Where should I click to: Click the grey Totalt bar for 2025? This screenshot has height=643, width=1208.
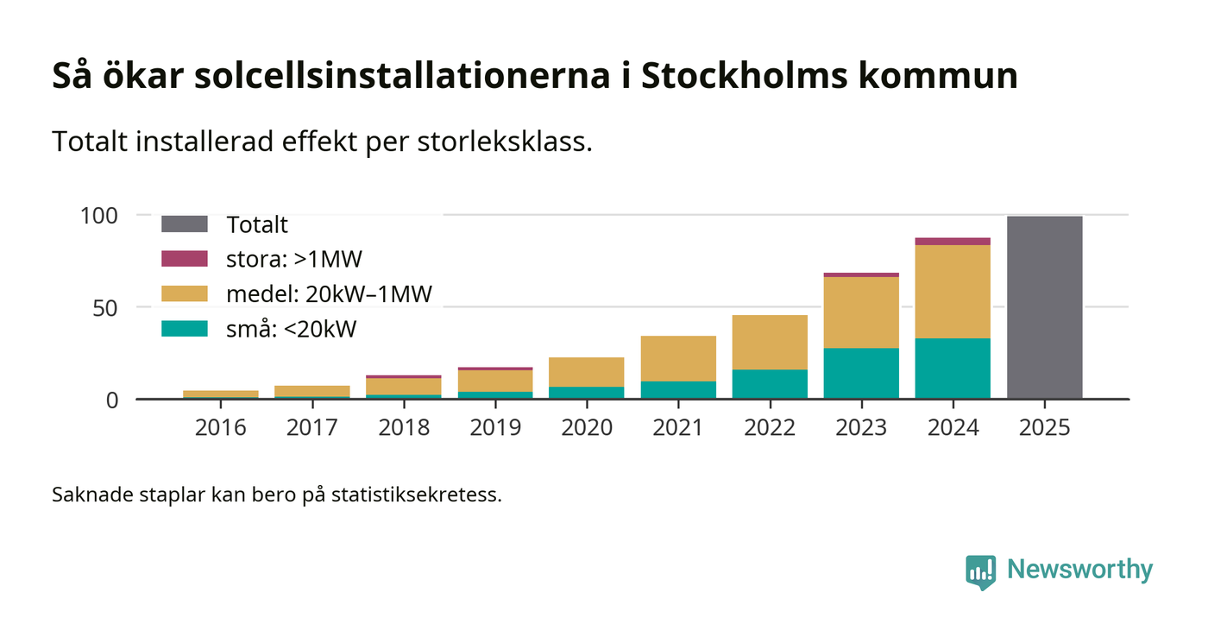coord(1044,307)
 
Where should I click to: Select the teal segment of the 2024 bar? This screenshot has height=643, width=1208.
coord(953,369)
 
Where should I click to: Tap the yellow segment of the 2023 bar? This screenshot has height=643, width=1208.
coord(861,312)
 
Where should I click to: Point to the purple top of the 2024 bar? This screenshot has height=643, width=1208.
coord(953,242)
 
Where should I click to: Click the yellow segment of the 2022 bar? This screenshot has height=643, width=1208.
coord(770,343)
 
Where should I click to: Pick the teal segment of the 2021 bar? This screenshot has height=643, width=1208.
coord(678,390)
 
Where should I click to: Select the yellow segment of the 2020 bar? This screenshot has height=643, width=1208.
coord(587,372)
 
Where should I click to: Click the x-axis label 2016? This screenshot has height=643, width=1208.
coord(221,427)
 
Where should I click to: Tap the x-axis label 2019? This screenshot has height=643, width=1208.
coord(495,427)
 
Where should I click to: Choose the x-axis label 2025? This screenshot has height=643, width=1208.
coord(1044,427)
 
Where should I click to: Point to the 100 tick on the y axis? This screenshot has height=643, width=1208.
coord(98,215)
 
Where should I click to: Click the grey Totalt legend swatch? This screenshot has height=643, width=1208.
coord(185,224)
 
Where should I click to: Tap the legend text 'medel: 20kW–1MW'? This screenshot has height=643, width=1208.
coord(329,293)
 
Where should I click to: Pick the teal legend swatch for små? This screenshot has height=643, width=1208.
coord(185,329)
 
